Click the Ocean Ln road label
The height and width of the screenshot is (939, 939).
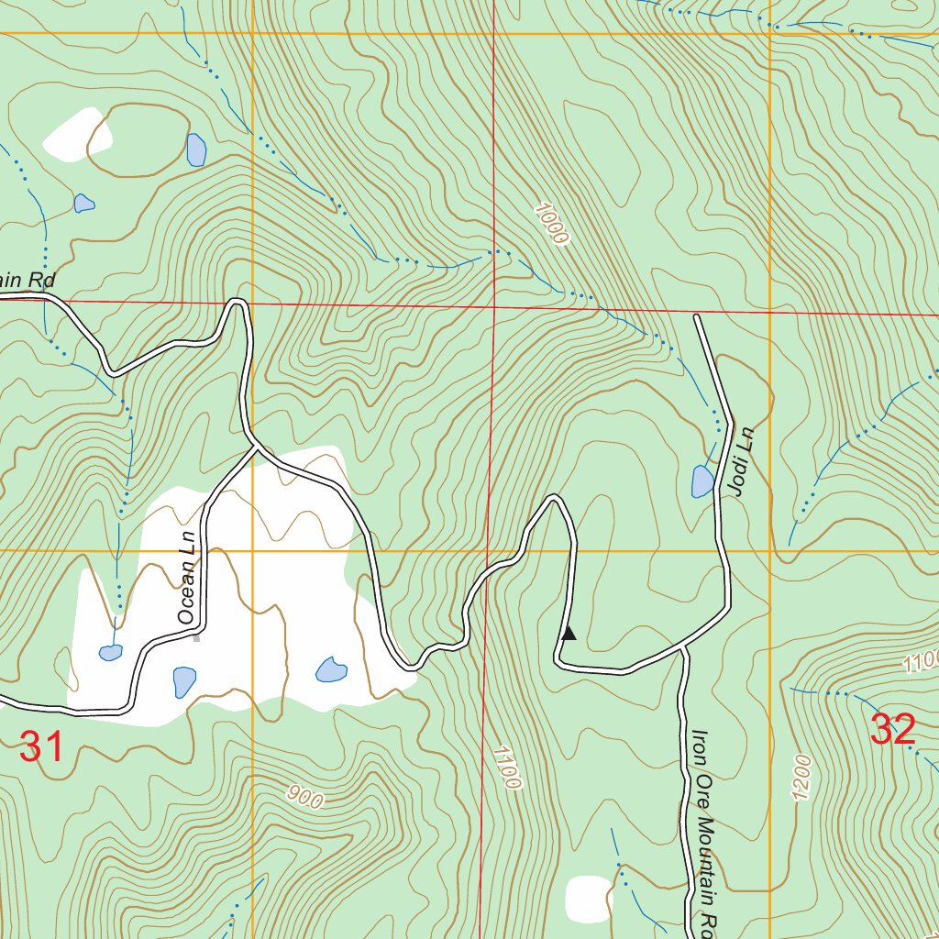point(187,580)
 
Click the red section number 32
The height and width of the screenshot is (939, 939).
point(892,730)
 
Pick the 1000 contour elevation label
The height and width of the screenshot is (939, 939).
point(551,223)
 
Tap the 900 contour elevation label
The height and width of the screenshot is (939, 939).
point(304,797)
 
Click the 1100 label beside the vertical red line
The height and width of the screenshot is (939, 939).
point(506,768)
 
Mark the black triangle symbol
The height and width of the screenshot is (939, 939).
point(569,633)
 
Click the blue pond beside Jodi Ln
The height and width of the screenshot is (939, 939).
point(702,481)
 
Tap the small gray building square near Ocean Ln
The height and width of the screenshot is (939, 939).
point(196,637)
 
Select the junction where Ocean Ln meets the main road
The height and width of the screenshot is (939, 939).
point(255,449)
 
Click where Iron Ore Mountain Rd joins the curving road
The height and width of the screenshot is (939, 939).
point(683,648)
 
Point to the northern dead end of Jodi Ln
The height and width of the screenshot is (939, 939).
point(697,316)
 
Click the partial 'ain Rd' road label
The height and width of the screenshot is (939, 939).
point(28,280)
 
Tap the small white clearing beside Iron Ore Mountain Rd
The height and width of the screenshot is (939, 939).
point(588,899)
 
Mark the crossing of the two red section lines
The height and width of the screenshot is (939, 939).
point(494,305)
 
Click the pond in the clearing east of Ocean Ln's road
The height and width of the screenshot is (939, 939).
point(331,669)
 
